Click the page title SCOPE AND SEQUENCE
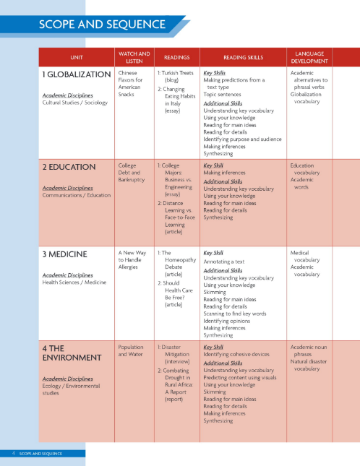(x=102, y=25)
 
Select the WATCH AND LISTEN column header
(x=133, y=57)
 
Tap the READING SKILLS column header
(x=244, y=58)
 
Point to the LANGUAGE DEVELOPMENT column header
(x=310, y=57)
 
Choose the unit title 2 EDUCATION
(x=69, y=167)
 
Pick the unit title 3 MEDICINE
(x=65, y=254)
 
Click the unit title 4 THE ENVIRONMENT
(x=72, y=353)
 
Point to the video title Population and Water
(x=131, y=350)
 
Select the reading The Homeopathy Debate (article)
(x=176, y=264)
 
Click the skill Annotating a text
(x=224, y=262)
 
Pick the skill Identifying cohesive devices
(x=236, y=355)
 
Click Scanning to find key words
(x=235, y=314)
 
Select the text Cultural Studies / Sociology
(x=75, y=103)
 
